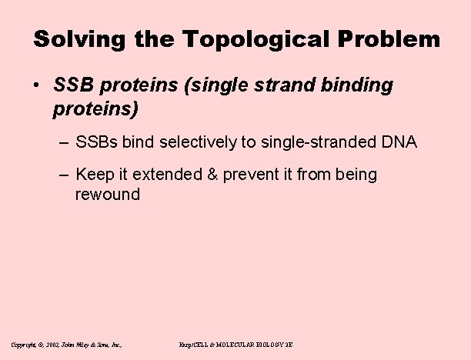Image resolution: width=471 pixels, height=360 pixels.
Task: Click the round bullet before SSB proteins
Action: tap(38, 86)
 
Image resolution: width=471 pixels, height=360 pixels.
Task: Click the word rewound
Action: tap(108, 194)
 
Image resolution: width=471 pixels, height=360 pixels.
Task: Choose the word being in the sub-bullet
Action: tap(356, 175)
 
